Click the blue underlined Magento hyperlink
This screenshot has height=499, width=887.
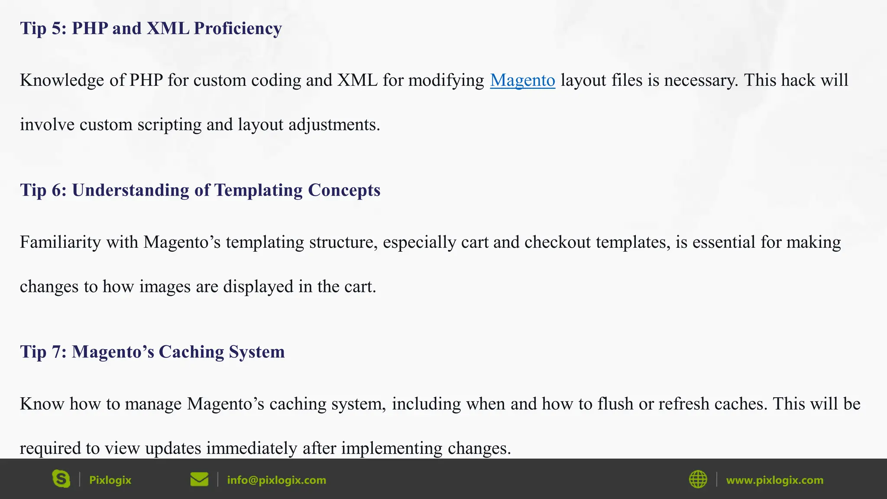[x=522, y=81]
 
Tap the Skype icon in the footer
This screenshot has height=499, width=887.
[x=61, y=479]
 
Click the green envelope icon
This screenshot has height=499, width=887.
[x=199, y=480]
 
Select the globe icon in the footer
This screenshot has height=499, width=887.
[x=698, y=480]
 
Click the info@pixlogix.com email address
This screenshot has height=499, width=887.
[x=276, y=480]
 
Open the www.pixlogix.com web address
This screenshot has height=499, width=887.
[x=774, y=480]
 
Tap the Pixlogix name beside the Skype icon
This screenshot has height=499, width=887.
[x=110, y=480]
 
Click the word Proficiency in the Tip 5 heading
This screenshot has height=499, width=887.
[x=238, y=29]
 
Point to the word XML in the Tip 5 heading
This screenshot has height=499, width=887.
[x=168, y=29]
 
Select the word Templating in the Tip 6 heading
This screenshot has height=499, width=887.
[x=258, y=191]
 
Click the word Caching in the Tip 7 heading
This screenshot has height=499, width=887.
[x=191, y=352]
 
